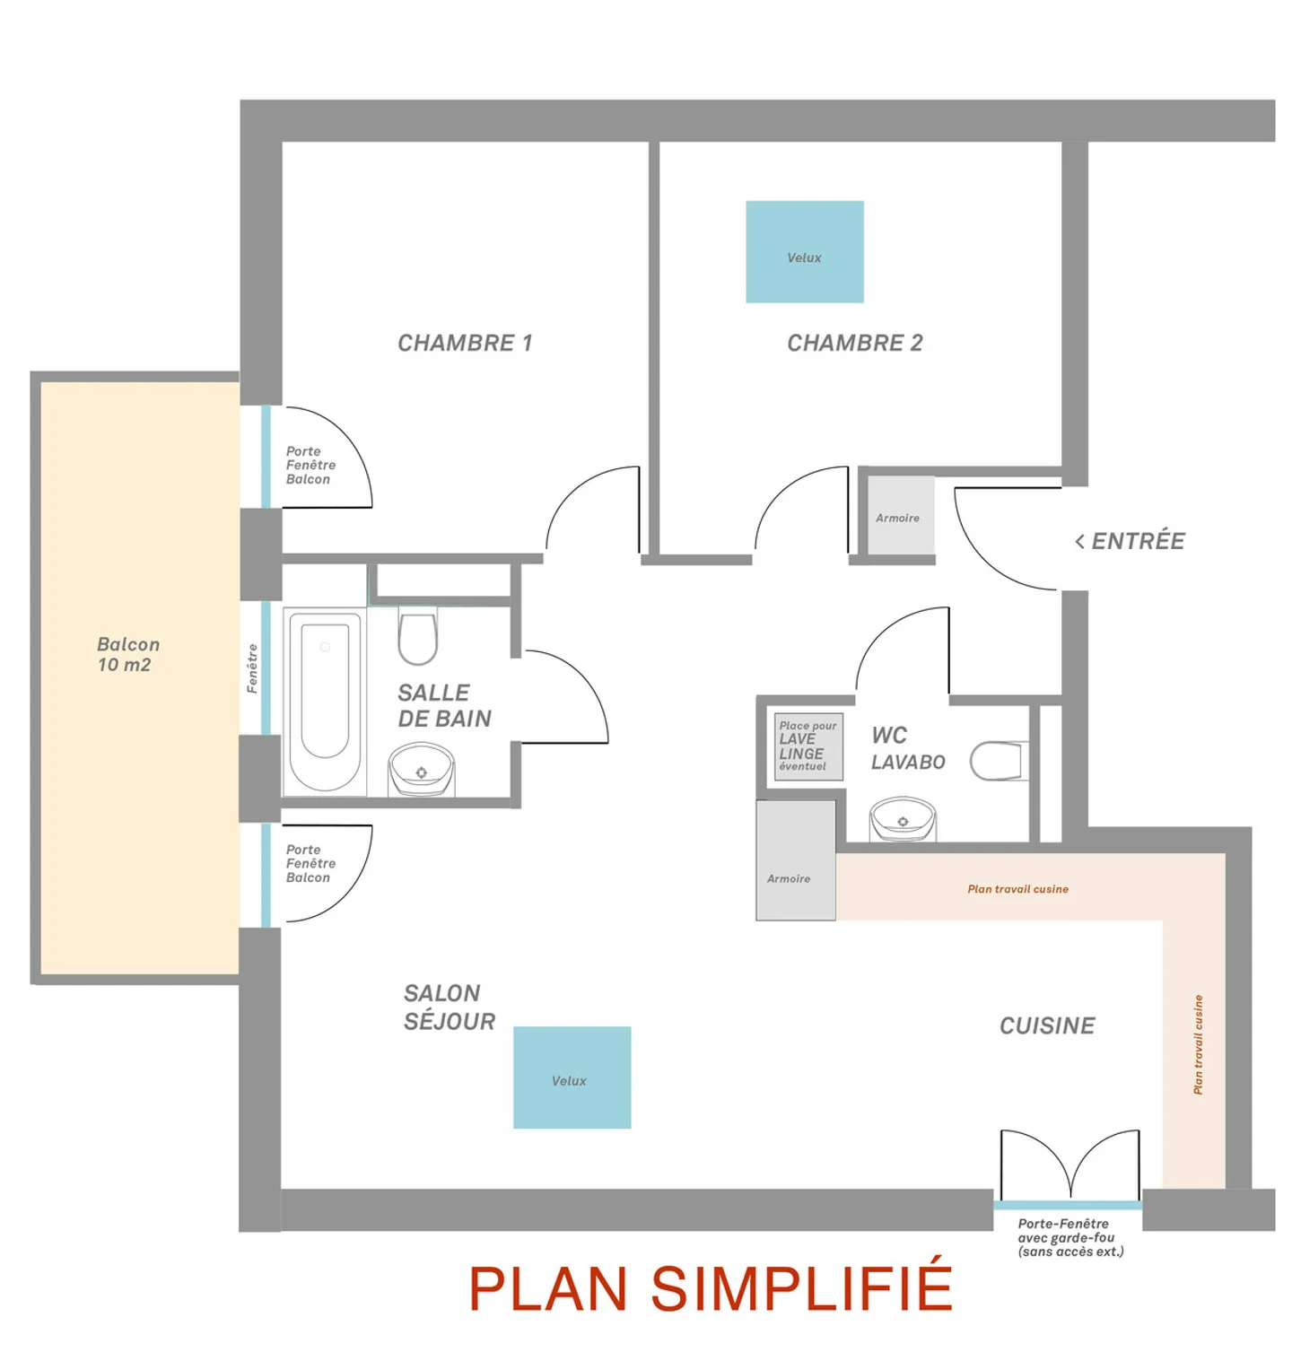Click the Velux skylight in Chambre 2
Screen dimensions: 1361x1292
click(x=804, y=252)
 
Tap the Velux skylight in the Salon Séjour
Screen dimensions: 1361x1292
click(x=572, y=1077)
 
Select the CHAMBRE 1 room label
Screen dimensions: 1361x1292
click(x=465, y=343)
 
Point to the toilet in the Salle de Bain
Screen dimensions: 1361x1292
click(x=417, y=637)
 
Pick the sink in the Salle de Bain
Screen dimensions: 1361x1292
click(x=421, y=770)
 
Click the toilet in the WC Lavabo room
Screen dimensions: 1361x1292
click(x=998, y=761)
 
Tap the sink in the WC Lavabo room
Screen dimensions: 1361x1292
click(x=903, y=819)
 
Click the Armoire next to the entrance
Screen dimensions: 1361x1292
click(x=897, y=517)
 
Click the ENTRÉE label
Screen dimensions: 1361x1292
click(x=1130, y=541)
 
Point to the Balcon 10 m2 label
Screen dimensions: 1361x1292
click(x=127, y=654)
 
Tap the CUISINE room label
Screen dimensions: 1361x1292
click(x=1047, y=1025)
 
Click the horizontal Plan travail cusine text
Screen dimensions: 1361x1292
click(x=1017, y=889)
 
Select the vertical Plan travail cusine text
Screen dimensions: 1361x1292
click(x=1197, y=1044)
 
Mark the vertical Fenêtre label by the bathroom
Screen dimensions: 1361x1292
click(x=252, y=668)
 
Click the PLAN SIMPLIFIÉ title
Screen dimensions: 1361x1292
click(x=710, y=1288)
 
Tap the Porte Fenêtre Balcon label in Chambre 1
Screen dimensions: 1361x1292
click(x=310, y=465)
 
